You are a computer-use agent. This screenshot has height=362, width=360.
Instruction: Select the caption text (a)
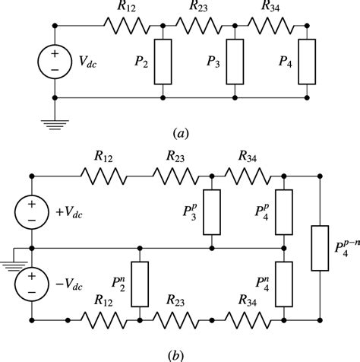(x=181, y=132)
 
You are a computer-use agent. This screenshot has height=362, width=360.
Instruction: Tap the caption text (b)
(x=181, y=352)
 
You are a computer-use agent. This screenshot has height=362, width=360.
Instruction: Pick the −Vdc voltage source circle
(x=32, y=285)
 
